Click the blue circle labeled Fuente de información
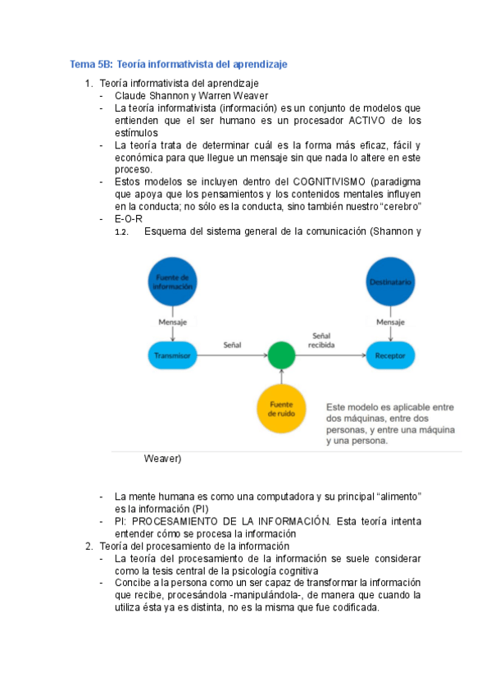(x=173, y=282)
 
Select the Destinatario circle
(x=390, y=282)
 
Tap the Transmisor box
(x=173, y=355)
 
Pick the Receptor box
(x=390, y=355)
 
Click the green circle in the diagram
(x=281, y=355)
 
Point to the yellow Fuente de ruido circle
(x=281, y=408)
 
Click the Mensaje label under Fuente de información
(x=173, y=323)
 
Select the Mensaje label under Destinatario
(x=390, y=323)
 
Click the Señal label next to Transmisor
(x=234, y=346)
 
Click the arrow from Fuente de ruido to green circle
(x=281, y=378)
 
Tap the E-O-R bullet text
(x=130, y=219)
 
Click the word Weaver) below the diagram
(x=162, y=459)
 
